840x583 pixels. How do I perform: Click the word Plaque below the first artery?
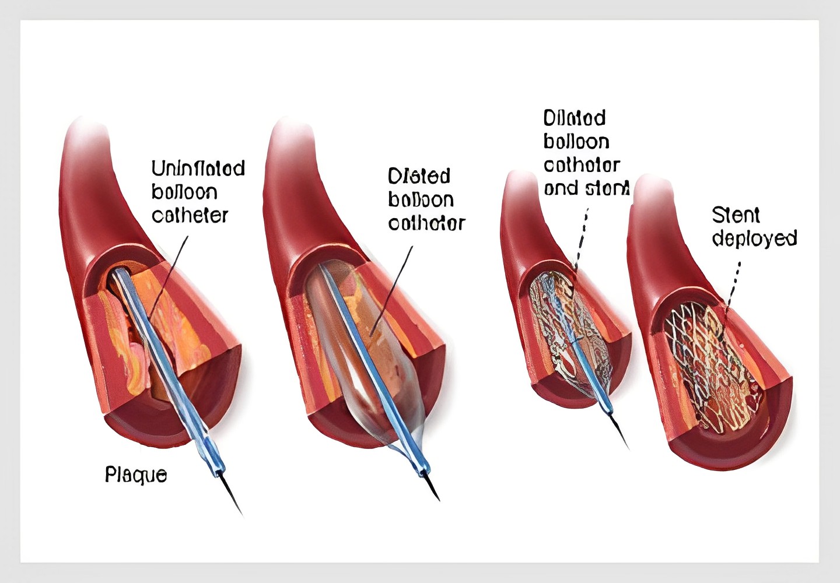click(135, 475)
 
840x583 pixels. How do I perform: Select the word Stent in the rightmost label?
click(736, 215)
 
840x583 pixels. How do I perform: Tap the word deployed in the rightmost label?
click(754, 238)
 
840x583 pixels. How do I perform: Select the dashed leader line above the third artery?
click(582, 233)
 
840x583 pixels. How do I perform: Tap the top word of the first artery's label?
click(198, 168)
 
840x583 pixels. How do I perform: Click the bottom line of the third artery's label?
click(586, 188)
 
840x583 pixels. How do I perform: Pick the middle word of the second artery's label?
click(421, 200)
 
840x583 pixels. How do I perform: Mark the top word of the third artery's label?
click(575, 118)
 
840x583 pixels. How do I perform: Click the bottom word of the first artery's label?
click(190, 215)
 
